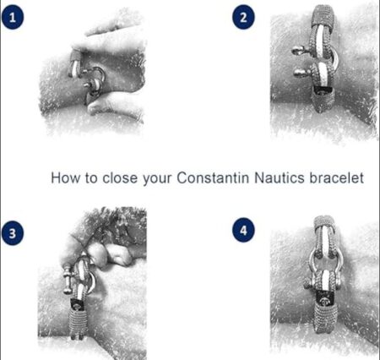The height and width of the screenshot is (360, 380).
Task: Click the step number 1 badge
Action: (x=13, y=18)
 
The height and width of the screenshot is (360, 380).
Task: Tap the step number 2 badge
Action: (x=243, y=18)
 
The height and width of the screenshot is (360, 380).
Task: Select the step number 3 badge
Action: (x=13, y=233)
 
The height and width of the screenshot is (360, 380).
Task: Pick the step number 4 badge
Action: (x=243, y=231)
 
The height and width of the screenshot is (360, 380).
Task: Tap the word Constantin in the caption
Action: (x=213, y=178)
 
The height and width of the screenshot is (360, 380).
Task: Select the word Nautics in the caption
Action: (x=280, y=178)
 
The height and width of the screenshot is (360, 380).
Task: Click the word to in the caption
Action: (x=91, y=178)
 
